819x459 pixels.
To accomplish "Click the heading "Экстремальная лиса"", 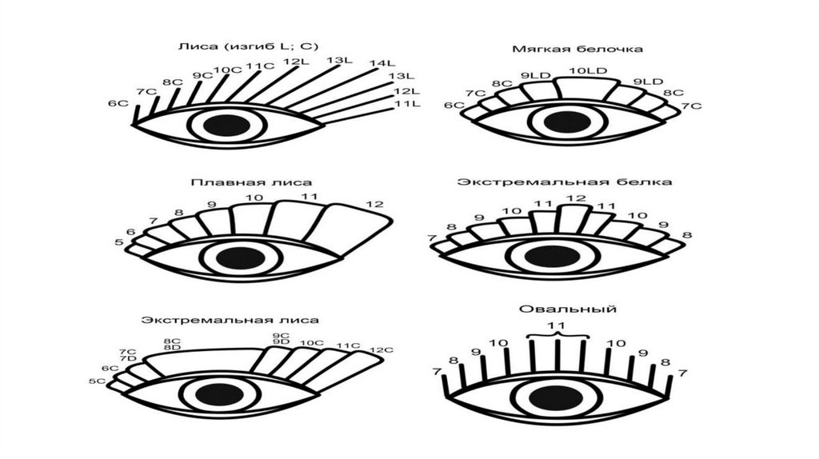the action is pos(230,320).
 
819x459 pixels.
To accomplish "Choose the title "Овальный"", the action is pos(560,309).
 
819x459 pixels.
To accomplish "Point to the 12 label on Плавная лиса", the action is pos(374,205).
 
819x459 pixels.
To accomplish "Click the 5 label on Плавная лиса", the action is pos(119,241).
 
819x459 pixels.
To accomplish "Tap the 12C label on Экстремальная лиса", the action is pos(382,350).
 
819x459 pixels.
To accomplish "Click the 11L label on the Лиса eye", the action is pos(402,104).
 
